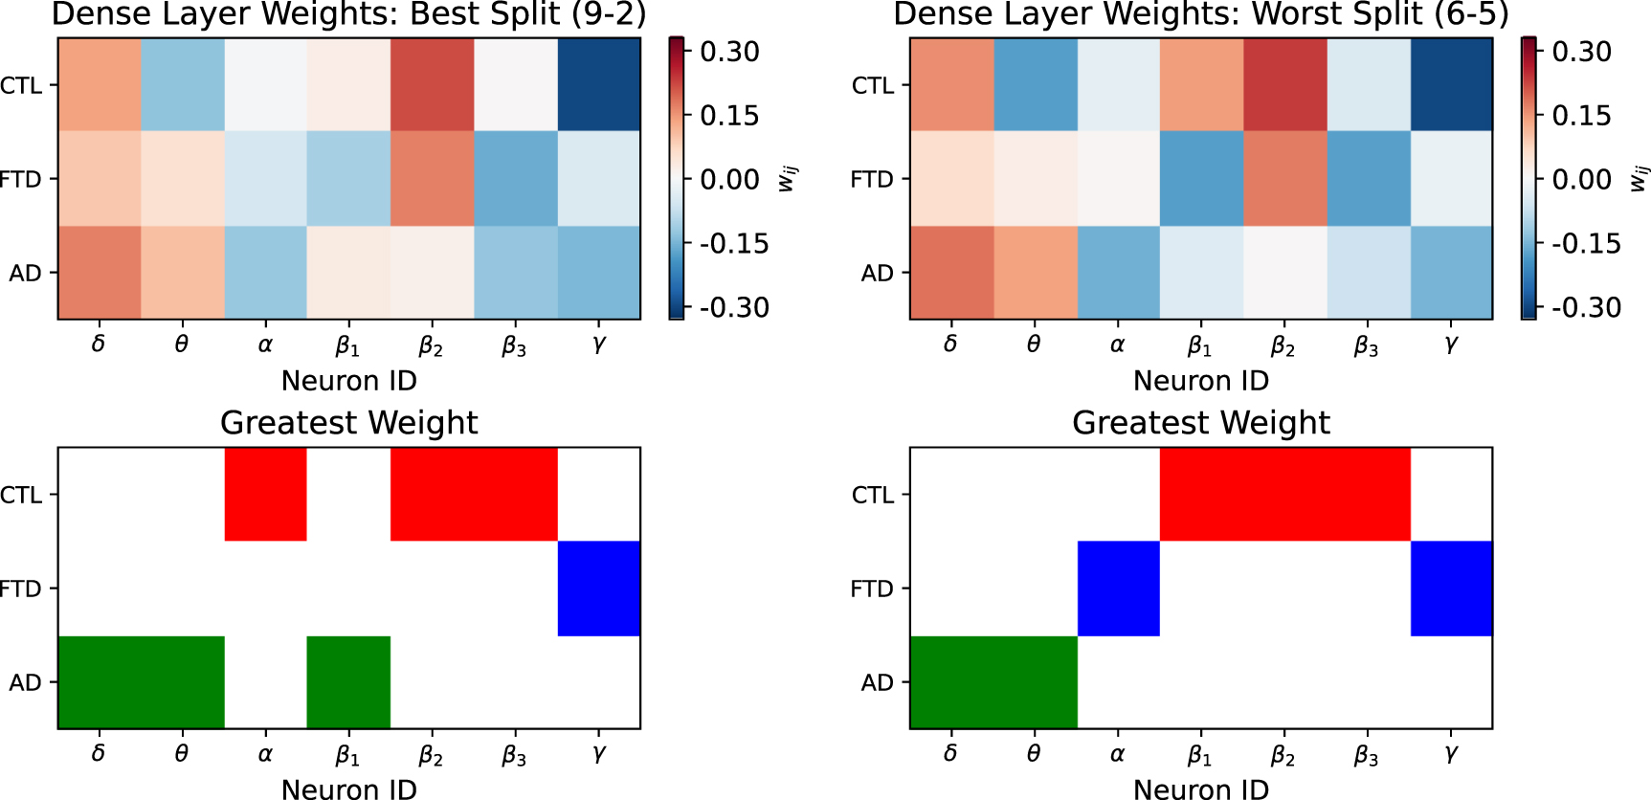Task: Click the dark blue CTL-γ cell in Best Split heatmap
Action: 598,84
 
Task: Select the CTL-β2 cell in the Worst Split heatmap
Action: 1284,84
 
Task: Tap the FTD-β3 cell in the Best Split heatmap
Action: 515,178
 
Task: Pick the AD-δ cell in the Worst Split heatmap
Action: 951,272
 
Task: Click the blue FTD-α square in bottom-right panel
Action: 1118,588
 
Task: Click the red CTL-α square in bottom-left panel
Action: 265,494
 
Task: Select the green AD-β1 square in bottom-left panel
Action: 348,681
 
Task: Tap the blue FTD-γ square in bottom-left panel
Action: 598,588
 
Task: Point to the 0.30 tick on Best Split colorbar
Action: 729,52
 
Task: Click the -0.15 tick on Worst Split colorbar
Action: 1585,244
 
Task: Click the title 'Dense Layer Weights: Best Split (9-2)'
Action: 348,14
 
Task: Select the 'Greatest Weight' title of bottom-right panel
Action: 1200,422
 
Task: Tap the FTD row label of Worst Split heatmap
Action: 872,179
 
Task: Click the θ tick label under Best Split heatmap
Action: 182,344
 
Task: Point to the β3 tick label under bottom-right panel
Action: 1367,756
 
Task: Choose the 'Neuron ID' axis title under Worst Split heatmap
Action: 1200,381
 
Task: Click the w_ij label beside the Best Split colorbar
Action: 787,178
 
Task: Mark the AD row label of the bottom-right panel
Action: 877,682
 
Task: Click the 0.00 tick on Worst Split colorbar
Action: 1581,180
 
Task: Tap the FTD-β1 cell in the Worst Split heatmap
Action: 1201,178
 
